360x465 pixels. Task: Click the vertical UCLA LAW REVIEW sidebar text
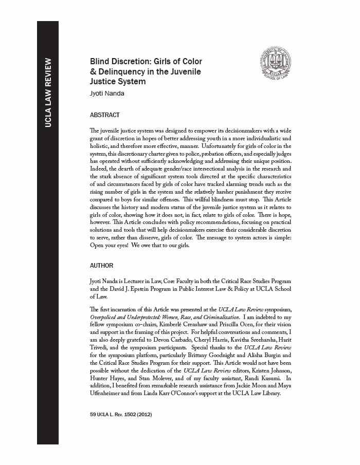tap(47, 93)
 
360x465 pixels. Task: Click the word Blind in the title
tap(101, 61)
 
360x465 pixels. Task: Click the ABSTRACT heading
tap(104, 115)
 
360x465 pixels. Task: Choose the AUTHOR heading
tap(101, 266)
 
